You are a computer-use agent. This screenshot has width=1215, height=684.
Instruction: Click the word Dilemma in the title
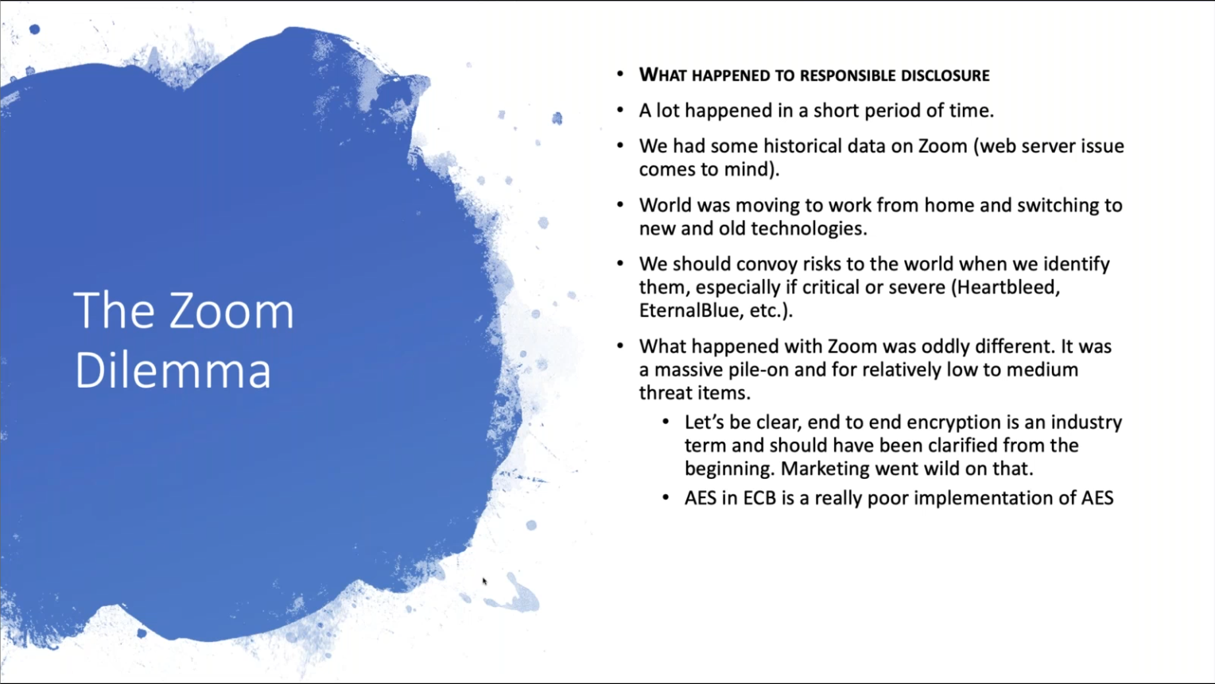coord(173,370)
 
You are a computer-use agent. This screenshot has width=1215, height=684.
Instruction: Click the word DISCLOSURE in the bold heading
coord(945,75)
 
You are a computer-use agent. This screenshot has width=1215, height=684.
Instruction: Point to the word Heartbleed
coord(1007,288)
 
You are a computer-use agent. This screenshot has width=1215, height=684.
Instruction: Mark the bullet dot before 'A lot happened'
coord(620,110)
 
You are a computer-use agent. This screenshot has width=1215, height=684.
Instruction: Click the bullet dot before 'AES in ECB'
coord(666,498)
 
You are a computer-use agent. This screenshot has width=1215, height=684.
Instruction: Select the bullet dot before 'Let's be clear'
coord(666,422)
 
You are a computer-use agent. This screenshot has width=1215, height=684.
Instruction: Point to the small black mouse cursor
coord(484,582)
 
